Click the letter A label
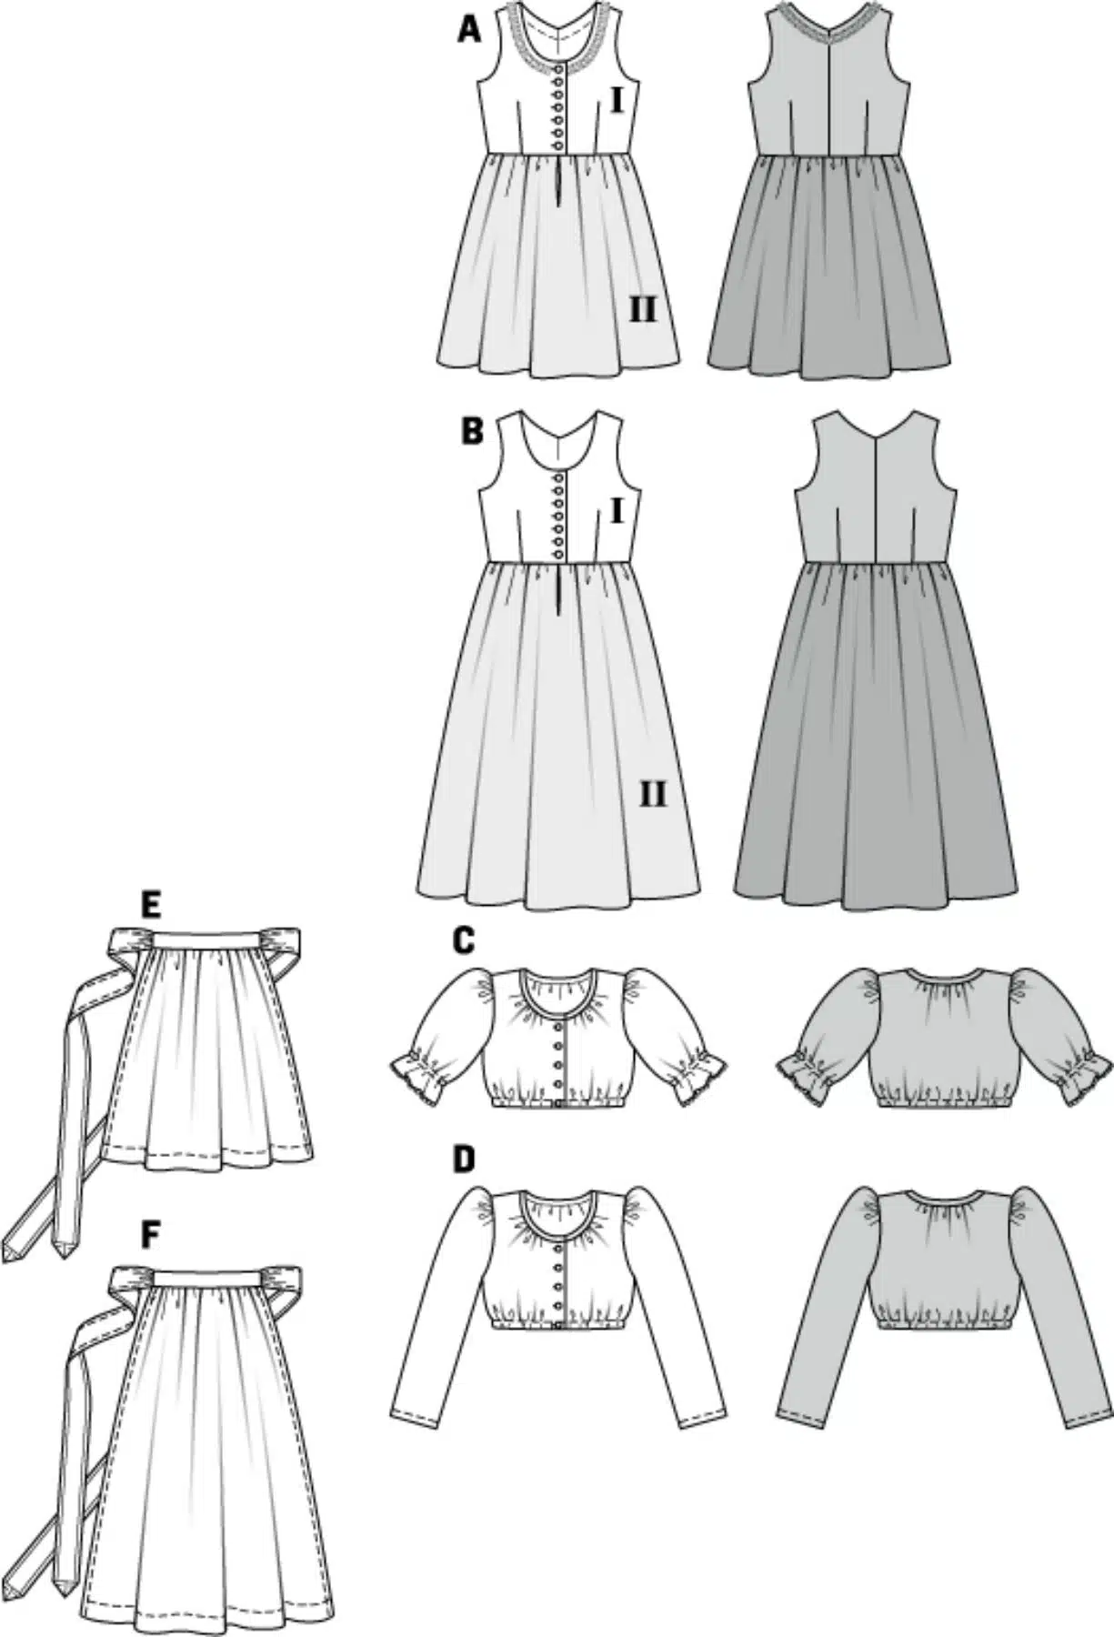[x=468, y=31]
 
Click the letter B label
[x=472, y=431]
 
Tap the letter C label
[x=463, y=940]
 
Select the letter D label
[x=464, y=1159]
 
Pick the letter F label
[x=152, y=1234]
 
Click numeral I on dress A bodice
[x=617, y=102]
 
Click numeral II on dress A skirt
[x=642, y=311]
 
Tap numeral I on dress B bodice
[x=617, y=512]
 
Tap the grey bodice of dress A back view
[x=828, y=86]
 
